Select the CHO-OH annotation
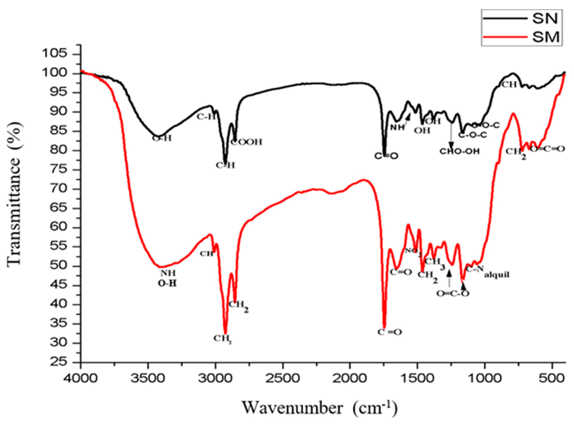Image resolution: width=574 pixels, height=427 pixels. click(459, 151)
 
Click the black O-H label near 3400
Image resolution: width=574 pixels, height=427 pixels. click(162, 138)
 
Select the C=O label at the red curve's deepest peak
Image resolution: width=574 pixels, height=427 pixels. click(390, 332)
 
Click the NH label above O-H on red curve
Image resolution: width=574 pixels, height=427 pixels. click(168, 273)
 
